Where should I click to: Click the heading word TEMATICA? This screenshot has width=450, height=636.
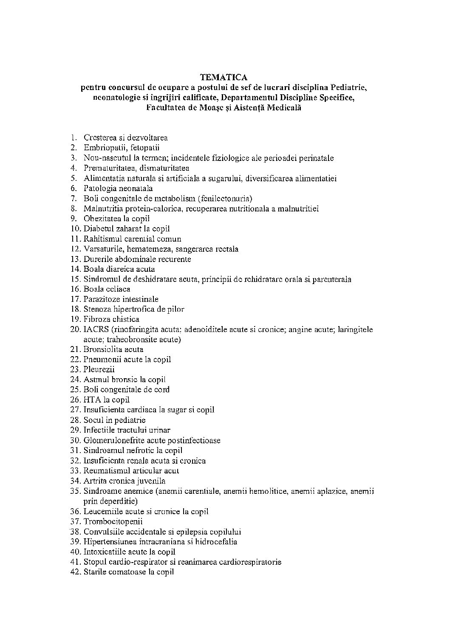[224, 77]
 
